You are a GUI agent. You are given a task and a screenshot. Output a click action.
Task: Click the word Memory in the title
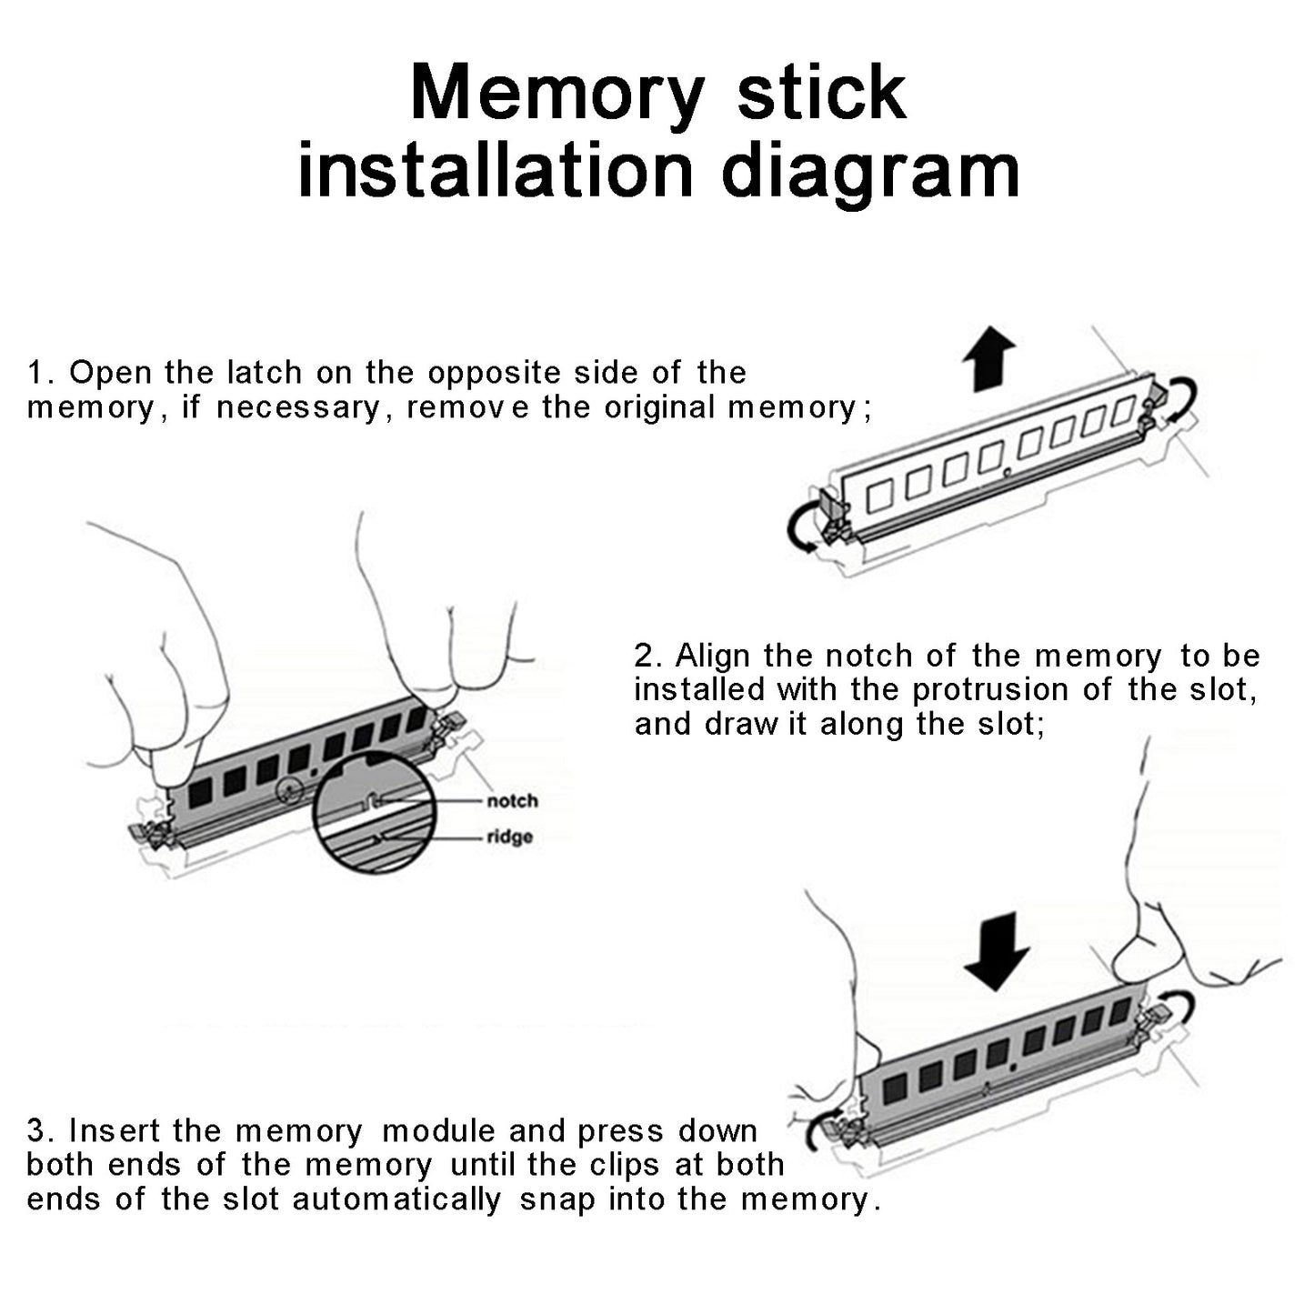pyautogui.click(x=557, y=95)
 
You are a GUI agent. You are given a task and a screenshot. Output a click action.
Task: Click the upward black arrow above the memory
pyautogui.click(x=988, y=360)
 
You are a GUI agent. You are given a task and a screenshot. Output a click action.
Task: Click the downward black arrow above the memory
pyautogui.click(x=997, y=951)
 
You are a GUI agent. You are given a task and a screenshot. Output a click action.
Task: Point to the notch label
pyautogui.click(x=512, y=801)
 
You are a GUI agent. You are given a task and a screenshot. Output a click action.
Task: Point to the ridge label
pyautogui.click(x=509, y=837)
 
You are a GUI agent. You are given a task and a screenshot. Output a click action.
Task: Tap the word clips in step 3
pyautogui.click(x=625, y=1165)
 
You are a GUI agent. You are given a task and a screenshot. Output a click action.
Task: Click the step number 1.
pyautogui.click(x=36, y=373)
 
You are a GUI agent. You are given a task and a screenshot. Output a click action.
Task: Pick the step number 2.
pyautogui.click(x=645, y=657)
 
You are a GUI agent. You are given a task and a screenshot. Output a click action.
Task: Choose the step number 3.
pyautogui.click(x=36, y=1131)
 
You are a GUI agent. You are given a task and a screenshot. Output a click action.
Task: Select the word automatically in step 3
pyautogui.click(x=396, y=1199)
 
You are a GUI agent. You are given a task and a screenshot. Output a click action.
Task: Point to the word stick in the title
pyautogui.click(x=820, y=95)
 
